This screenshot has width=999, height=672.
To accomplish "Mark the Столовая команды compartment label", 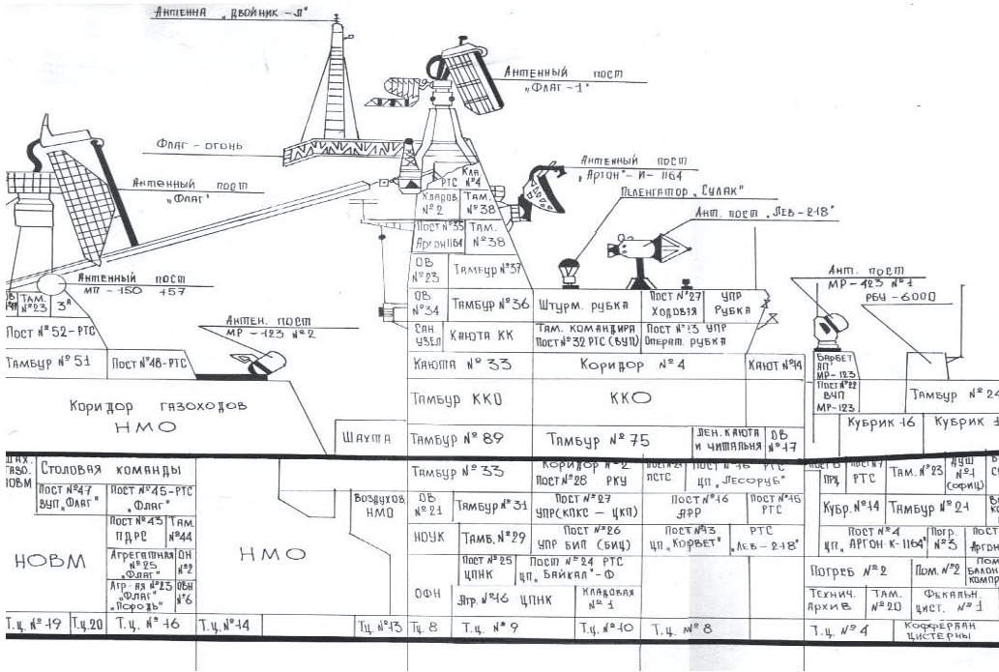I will [111, 470].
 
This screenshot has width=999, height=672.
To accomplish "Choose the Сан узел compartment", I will [426, 336].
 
